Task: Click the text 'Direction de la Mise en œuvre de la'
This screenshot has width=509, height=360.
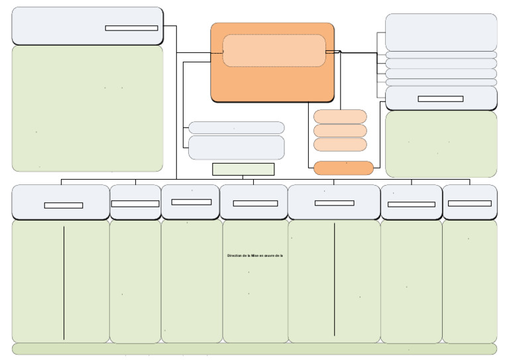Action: (255, 255)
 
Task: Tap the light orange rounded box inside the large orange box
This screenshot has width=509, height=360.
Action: (274, 50)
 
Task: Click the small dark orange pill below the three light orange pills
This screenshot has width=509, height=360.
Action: (343, 168)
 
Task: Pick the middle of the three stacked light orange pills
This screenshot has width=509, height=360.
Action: (340, 131)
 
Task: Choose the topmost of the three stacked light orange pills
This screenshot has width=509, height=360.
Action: (340, 116)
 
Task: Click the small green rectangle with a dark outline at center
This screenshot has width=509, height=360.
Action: (243, 169)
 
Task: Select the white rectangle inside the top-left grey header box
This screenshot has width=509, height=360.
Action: (131, 28)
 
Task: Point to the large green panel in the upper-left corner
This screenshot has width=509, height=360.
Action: (87, 108)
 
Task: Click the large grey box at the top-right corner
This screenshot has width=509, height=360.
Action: (441, 32)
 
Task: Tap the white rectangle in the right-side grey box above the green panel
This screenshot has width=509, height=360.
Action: (440, 99)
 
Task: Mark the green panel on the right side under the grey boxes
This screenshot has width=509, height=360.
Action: (441, 144)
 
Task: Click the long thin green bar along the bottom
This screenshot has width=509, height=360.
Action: (254, 349)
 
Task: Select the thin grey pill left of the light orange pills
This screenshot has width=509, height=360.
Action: (237, 128)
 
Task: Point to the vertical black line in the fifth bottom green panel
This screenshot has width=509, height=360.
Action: (335, 279)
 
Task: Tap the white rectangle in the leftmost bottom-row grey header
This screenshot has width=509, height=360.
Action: (64, 206)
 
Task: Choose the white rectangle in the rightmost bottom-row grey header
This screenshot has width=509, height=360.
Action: (469, 204)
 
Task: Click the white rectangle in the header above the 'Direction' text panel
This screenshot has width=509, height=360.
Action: (255, 204)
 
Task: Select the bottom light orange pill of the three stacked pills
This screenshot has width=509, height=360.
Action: (340, 145)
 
